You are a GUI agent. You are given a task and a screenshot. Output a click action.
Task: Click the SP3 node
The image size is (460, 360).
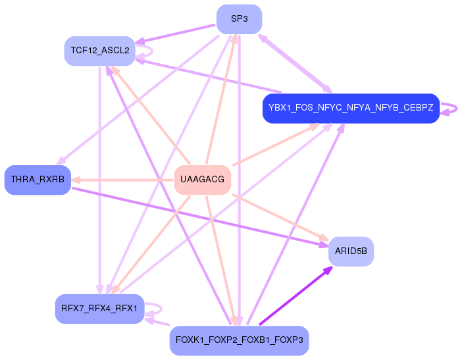[239, 19]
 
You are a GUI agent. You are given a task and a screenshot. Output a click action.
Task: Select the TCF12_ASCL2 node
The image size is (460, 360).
[100, 51]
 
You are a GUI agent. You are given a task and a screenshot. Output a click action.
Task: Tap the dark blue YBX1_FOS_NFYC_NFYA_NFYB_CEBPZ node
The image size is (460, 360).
[351, 109]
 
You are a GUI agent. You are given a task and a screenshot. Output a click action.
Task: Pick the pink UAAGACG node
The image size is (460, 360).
[203, 180]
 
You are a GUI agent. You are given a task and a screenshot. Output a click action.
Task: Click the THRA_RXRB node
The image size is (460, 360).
[38, 180]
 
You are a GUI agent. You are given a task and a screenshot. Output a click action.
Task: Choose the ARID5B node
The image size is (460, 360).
[351, 251]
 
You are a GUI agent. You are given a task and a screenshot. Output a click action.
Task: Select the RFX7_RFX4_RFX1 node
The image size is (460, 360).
[100, 309]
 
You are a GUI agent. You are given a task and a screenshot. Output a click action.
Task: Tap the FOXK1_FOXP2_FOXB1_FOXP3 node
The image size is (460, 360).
[239, 340]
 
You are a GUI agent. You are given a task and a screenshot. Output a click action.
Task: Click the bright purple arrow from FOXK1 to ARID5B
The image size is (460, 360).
[295, 296]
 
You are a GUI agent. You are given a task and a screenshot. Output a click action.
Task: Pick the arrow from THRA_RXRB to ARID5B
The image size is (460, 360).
[200, 217]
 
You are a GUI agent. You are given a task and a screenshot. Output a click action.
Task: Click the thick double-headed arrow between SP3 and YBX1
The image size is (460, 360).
[295, 64]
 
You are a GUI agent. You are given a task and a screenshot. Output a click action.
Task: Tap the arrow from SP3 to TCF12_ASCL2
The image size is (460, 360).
[175, 34]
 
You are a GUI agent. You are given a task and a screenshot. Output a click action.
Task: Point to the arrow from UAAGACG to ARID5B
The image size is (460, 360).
[280, 217]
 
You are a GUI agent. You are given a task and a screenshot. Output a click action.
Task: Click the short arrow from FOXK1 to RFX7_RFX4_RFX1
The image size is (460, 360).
[157, 322]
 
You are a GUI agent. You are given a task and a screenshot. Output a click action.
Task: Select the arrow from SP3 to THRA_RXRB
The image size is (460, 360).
[138, 100]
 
